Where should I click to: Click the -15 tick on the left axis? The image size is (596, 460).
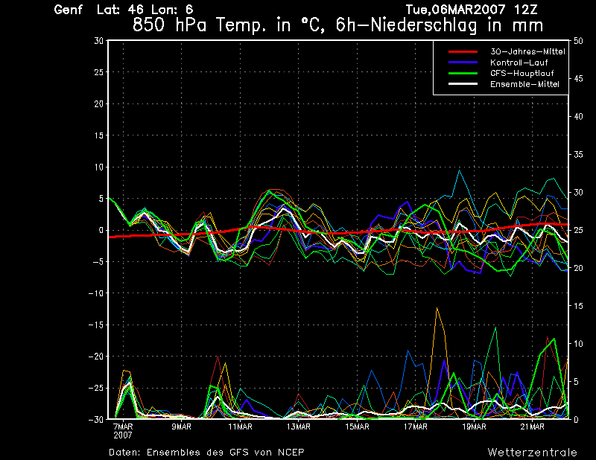[95, 325]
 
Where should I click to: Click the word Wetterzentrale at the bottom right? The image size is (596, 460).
[533, 452]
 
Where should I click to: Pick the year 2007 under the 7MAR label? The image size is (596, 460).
[124, 434]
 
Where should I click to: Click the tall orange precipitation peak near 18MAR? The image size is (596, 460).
[437, 309]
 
